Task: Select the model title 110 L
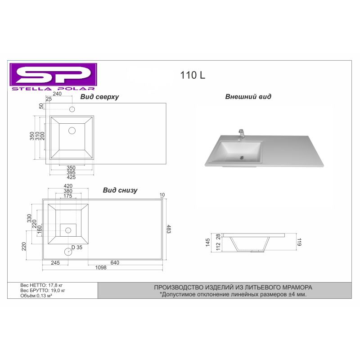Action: point(193,75)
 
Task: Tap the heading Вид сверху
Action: point(99,97)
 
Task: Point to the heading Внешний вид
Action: point(248,97)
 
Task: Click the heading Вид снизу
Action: point(120,190)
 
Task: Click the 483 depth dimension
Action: point(169,229)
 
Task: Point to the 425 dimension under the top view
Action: point(71,177)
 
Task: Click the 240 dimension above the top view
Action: point(58,94)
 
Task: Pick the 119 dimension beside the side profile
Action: point(299,243)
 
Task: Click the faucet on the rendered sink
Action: point(242,134)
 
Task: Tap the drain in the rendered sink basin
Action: point(242,157)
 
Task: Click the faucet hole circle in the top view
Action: point(72,109)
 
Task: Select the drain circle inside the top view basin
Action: point(72,130)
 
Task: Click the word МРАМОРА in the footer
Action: point(297,287)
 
